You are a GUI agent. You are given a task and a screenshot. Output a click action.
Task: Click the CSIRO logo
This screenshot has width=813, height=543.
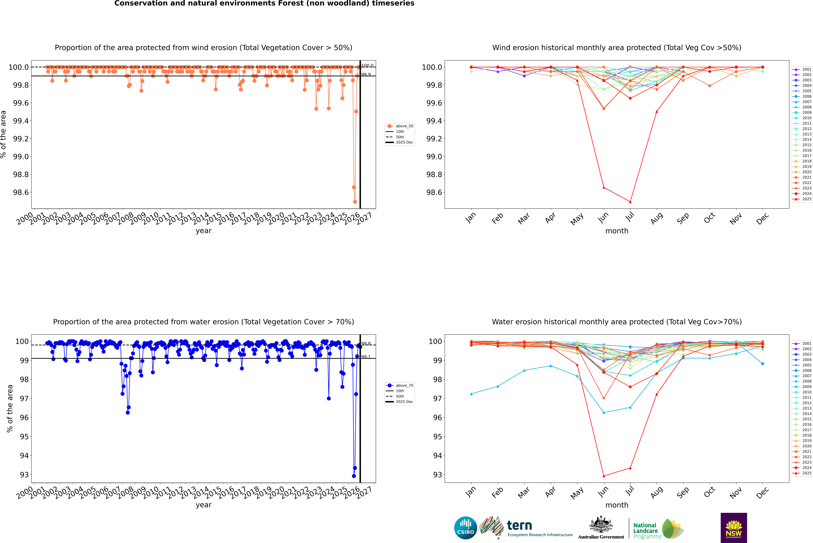[x=465, y=528]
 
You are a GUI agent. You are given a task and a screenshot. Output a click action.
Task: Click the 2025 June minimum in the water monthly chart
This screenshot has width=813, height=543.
[x=604, y=476]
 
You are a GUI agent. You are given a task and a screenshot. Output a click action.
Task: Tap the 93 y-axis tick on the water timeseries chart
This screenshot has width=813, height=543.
[x=24, y=475]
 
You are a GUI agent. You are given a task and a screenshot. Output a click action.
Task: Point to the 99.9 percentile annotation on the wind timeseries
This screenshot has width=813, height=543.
[x=366, y=74]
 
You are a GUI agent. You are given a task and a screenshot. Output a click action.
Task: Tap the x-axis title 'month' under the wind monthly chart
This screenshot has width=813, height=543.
[x=617, y=231]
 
